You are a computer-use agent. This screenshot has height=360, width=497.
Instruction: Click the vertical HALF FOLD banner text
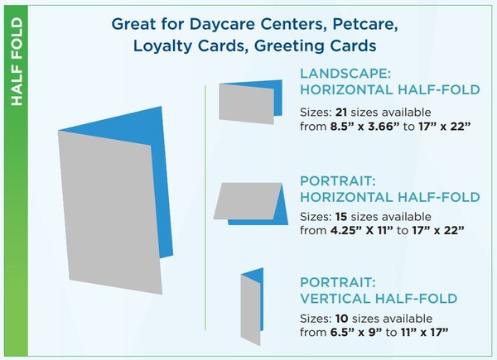coord(17,62)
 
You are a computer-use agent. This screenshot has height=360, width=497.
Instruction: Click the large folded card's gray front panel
coord(110,212)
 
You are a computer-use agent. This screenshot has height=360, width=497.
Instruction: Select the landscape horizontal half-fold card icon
coord(250,102)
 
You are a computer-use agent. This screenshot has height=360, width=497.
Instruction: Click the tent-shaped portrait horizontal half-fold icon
coord(250,204)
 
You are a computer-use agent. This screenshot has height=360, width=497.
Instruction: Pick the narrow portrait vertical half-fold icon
coord(252,307)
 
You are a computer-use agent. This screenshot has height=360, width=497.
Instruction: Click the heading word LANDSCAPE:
coord(345,74)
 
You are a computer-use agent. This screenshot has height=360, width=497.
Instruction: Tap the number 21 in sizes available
coord(341,113)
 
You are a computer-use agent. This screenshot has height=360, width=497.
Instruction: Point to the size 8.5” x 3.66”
coord(365,127)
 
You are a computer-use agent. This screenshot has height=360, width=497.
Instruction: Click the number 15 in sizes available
coord(341,217)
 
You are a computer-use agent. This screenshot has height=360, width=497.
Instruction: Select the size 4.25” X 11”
coord(362,231)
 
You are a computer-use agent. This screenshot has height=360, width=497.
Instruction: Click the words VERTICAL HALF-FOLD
coord(379,299)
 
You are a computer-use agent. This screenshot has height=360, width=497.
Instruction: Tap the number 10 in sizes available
coord(342,319)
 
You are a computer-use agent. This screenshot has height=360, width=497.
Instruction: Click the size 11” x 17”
coord(424,333)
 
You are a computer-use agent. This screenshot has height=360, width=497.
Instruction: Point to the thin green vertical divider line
coord(205,208)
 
